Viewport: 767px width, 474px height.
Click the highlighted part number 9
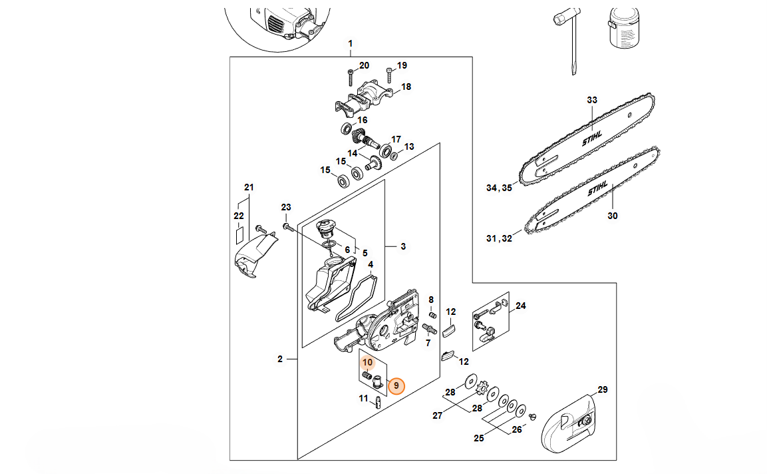pyautogui.click(x=396, y=385)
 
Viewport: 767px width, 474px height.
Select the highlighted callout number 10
pyautogui.click(x=368, y=363)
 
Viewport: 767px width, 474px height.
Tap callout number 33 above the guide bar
pyautogui.click(x=592, y=101)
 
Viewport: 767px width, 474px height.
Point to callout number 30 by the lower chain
pyautogui.click(x=612, y=216)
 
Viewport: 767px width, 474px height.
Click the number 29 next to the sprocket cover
pyautogui.click(x=603, y=389)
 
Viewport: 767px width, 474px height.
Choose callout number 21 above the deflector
pyautogui.click(x=249, y=187)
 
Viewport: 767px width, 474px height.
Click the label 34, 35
pyautogui.click(x=500, y=188)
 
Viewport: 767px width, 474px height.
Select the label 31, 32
pyautogui.click(x=500, y=238)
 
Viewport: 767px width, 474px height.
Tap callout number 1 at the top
pyautogui.click(x=351, y=44)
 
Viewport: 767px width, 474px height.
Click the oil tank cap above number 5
pyautogui.click(x=325, y=228)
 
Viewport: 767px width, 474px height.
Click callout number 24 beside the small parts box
pyautogui.click(x=521, y=306)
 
